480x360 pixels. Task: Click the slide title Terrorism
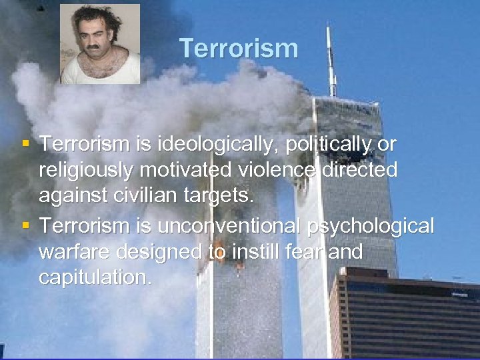(x=238, y=49)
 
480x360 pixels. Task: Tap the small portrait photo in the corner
(x=100, y=44)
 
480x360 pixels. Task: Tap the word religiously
(x=86, y=171)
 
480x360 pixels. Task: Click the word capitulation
(x=95, y=278)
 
